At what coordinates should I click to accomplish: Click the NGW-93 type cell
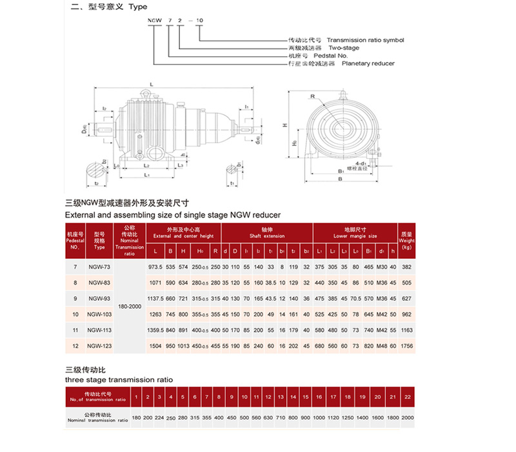(99, 299)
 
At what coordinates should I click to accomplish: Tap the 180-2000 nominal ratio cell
(130, 307)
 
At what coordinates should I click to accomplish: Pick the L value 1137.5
(156, 299)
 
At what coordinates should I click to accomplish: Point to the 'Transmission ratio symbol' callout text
(366, 40)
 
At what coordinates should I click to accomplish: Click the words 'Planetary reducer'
(368, 63)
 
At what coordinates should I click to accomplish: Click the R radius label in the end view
(311, 96)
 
